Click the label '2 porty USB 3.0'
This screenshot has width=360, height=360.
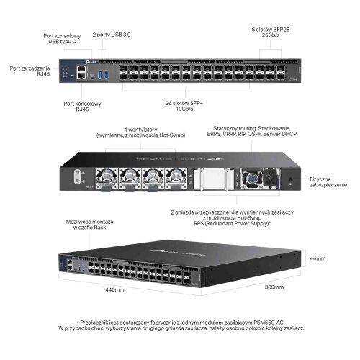[x=112, y=35]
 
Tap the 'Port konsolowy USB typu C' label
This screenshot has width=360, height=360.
[x=62, y=39]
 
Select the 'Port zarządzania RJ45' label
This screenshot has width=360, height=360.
[x=30, y=71]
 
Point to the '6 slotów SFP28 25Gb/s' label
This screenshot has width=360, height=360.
[x=271, y=32]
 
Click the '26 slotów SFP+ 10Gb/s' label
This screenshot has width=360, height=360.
[x=184, y=106]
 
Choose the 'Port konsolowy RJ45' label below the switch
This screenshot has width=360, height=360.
[x=82, y=107]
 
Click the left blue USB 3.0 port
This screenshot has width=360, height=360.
[x=100, y=74]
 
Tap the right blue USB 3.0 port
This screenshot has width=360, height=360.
[x=107, y=74]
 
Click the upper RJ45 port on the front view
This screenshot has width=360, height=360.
[x=82, y=68]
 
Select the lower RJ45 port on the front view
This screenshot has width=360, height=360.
[x=82, y=76]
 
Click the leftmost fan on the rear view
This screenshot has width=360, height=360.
[x=107, y=179]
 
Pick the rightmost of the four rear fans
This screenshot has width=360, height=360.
[x=176, y=179]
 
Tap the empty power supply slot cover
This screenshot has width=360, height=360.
[x=214, y=179]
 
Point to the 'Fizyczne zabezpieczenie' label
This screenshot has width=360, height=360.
[x=328, y=182]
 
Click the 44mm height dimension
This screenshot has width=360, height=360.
[x=318, y=258]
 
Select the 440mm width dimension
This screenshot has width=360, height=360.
[x=114, y=289]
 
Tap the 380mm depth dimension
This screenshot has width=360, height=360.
[x=274, y=287]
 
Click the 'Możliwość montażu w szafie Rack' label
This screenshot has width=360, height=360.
[x=89, y=225]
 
